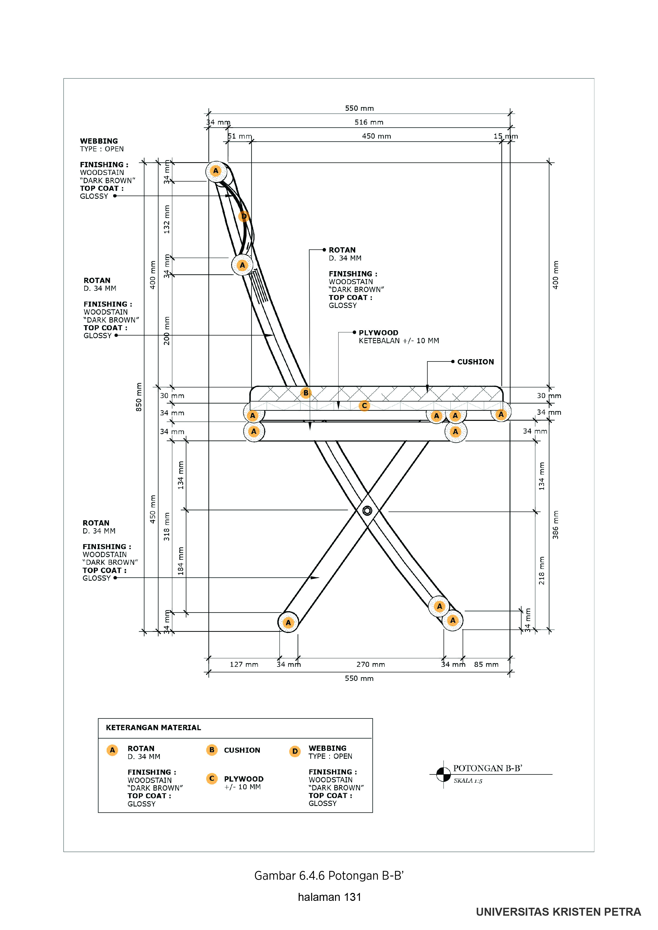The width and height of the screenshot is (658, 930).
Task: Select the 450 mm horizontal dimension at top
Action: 376,136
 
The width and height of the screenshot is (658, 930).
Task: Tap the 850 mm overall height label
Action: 139,397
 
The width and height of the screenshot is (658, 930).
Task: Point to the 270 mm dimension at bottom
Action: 371,664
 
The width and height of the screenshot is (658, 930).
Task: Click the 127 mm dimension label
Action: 244,664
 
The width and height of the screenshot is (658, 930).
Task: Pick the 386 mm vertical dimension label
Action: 555,524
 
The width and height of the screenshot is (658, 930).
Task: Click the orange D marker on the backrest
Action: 244,216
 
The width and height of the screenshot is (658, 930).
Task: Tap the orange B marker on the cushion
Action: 306,393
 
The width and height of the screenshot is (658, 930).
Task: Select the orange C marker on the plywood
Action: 364,406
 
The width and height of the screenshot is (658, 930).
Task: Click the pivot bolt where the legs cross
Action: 367,510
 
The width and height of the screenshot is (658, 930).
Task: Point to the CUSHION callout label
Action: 475,362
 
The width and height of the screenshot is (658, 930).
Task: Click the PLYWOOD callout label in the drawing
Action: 378,333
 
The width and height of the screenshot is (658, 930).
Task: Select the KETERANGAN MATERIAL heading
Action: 153,728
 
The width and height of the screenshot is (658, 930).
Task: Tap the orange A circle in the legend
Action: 112,750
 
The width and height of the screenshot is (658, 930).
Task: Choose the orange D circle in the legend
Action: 295,751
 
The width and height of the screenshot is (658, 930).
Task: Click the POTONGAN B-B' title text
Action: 488,768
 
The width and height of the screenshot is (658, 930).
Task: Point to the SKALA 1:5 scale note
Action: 468,781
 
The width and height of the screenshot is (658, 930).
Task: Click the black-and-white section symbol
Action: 443,774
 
